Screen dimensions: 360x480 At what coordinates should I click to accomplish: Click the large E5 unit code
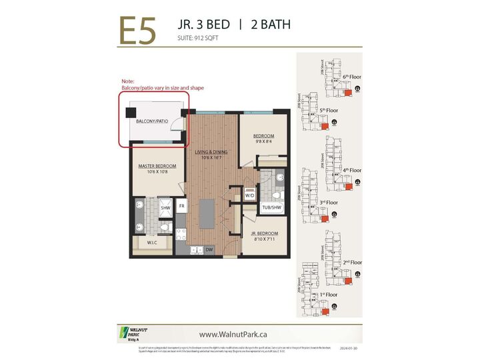(x=139, y=30)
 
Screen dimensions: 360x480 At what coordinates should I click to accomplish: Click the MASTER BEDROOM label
(x=157, y=165)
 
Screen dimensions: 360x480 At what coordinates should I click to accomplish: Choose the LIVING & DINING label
(x=211, y=152)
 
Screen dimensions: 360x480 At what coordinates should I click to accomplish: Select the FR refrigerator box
(x=181, y=207)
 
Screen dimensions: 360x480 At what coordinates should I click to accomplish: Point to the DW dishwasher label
(x=209, y=250)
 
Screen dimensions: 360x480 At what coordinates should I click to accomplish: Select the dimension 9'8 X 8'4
(x=263, y=141)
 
